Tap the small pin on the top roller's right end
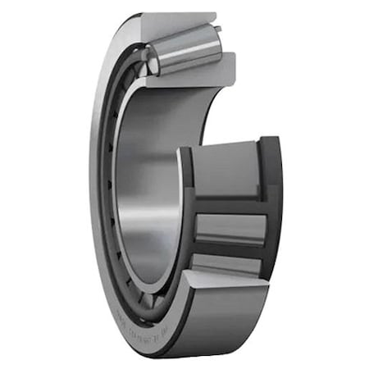(222, 30)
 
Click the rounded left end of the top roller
(148, 57)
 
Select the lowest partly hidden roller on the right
(225, 262)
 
